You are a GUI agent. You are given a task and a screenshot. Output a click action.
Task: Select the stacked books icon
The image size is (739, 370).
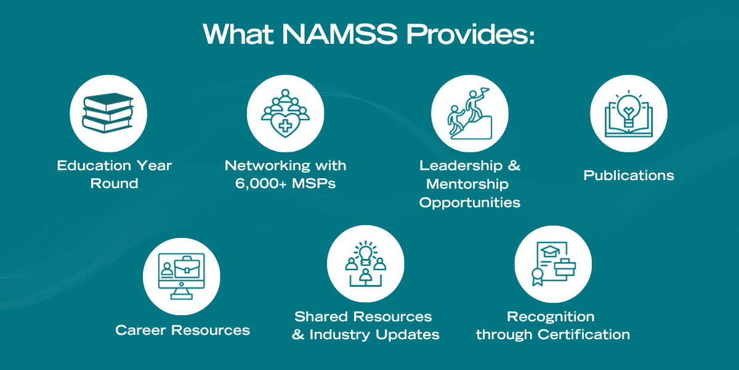(108, 113)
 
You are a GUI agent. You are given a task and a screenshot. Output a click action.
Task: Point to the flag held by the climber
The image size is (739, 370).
(484, 91)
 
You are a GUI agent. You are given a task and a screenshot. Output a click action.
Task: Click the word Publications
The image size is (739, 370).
(629, 176)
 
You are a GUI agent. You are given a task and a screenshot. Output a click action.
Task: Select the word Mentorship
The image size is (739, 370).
(467, 184)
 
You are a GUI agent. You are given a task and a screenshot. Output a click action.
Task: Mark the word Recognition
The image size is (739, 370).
(551, 317)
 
